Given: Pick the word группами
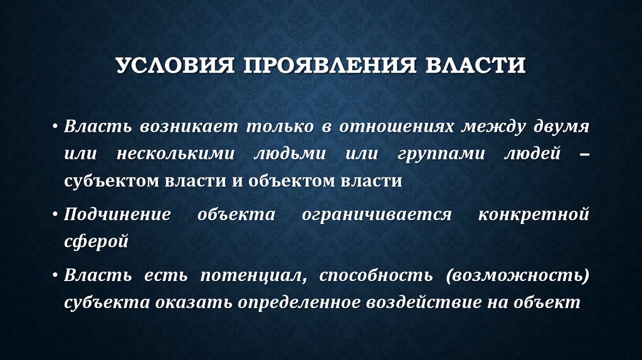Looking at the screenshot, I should pyautogui.click(x=441, y=154).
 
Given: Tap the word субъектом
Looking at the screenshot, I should pyautogui.click(x=109, y=182).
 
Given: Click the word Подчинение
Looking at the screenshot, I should pyautogui.click(x=117, y=214).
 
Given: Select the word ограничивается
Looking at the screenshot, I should pyautogui.click(x=377, y=214).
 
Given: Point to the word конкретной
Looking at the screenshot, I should pyautogui.click(x=534, y=214).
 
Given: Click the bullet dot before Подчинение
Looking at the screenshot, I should pyautogui.click(x=56, y=214).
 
